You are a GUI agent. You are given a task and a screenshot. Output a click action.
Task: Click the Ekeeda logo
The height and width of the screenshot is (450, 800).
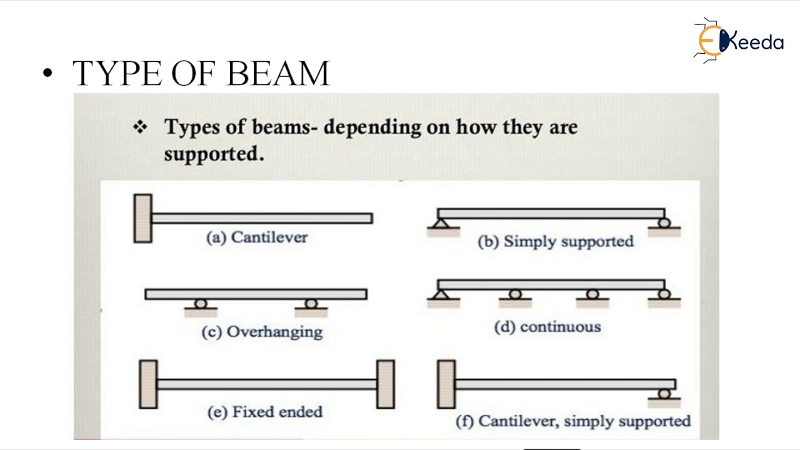739,41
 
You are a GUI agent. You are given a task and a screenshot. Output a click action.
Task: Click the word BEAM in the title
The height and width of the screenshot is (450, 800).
278,73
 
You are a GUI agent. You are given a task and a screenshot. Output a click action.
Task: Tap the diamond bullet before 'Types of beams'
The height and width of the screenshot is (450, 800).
141,127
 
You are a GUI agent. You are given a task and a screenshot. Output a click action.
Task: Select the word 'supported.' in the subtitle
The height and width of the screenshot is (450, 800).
214,154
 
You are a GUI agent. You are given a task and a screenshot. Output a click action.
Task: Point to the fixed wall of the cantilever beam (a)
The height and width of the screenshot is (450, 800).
143,218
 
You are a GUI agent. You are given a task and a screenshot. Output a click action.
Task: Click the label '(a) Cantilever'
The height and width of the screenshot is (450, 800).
257,237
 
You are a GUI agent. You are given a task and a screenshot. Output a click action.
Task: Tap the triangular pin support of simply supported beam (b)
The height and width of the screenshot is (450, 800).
441,223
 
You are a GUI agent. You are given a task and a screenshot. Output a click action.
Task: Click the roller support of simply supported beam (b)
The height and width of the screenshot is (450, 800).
664,223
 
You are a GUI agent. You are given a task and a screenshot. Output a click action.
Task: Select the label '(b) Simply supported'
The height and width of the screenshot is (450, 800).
556,242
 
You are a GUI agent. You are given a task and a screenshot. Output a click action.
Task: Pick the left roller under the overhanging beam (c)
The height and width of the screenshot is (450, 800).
201,304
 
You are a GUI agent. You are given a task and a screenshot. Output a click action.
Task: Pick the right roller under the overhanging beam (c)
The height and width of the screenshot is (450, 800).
311,304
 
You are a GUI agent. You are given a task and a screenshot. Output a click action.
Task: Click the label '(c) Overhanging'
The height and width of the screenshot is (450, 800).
262,332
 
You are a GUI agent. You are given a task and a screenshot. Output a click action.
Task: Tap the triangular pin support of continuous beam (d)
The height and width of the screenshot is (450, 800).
441,294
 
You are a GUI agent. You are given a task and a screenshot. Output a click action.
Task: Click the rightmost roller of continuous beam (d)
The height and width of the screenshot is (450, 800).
664,294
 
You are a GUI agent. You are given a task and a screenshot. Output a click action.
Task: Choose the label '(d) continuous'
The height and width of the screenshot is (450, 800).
547,327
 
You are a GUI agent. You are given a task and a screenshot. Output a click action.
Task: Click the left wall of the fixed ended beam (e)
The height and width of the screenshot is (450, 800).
148,384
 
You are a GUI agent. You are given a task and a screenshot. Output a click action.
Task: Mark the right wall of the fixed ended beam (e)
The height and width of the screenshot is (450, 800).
386,384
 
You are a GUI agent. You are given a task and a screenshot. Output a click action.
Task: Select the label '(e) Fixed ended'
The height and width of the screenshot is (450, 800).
265,412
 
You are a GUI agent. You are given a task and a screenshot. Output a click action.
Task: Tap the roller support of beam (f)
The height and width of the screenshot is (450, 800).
664,394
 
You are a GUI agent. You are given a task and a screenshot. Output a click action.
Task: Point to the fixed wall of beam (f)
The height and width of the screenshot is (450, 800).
446,384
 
